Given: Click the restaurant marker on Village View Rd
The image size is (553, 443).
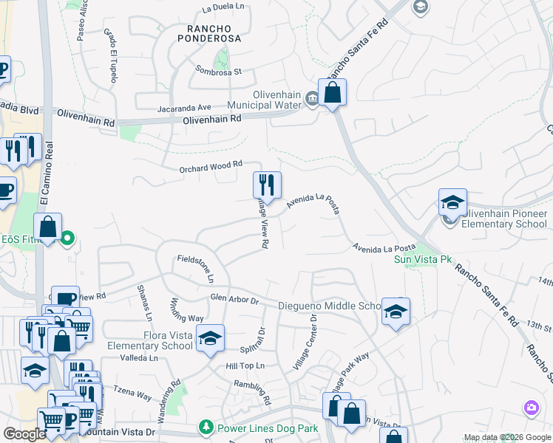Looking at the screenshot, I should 267,185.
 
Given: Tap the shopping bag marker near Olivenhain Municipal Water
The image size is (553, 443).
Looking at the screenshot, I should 333,92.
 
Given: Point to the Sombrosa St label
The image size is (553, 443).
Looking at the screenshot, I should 219,72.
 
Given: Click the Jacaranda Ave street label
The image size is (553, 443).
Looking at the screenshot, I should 184,107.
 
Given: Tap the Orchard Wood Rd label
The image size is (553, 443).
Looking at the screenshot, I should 211,168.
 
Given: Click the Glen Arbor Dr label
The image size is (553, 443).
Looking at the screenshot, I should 234,301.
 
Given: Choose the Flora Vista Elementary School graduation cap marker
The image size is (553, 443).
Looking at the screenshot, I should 211,337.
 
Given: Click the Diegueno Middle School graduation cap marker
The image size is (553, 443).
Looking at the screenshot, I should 396,312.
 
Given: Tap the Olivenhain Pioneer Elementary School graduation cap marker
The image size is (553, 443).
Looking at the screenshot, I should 452,202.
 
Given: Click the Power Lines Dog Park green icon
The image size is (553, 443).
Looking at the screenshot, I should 206,427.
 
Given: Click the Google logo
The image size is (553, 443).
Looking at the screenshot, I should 25,434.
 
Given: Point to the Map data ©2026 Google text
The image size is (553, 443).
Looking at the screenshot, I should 506,437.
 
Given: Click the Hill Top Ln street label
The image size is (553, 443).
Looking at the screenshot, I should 245,365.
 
